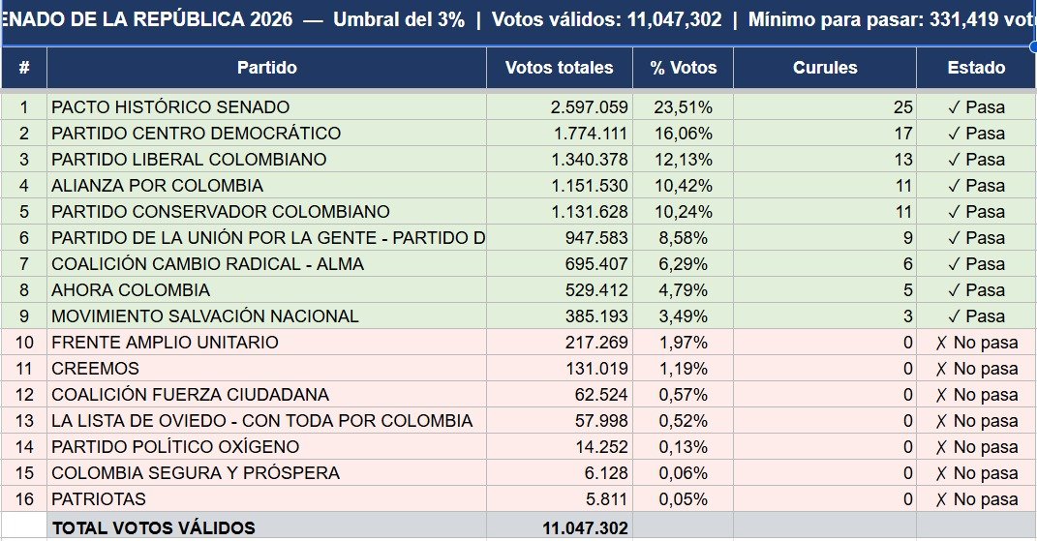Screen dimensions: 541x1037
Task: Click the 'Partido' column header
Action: pyautogui.click(x=266, y=68)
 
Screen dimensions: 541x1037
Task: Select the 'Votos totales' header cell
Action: pyautogui.click(x=559, y=68)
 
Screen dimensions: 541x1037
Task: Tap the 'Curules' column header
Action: pyautogui.click(x=824, y=68)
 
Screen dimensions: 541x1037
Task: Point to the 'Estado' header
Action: pyautogui.click(x=976, y=68)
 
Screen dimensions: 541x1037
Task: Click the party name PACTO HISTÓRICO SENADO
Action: pyautogui.click(x=170, y=107)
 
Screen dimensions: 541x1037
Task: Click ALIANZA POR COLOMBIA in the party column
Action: pyautogui.click(x=157, y=186)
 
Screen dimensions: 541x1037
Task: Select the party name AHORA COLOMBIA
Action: pyautogui.click(x=131, y=290)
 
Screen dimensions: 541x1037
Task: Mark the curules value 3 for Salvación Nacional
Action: pyautogui.click(x=907, y=316)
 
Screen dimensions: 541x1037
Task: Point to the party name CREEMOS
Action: pyautogui.click(x=95, y=369)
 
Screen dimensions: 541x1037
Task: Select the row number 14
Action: pyautogui.click(x=24, y=447)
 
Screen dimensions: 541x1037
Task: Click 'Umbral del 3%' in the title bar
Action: pyautogui.click(x=399, y=19)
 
